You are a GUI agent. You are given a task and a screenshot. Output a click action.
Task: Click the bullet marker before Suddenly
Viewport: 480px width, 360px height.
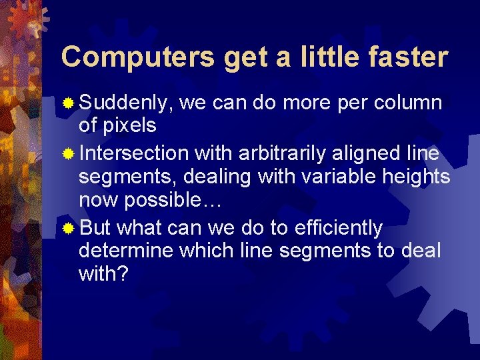click(69, 103)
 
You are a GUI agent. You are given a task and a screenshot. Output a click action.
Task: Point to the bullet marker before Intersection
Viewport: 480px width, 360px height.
click(69, 155)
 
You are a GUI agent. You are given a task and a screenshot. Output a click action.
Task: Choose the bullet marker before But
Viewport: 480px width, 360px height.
click(69, 229)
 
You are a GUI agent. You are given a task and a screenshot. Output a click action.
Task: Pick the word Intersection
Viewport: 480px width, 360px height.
click(133, 154)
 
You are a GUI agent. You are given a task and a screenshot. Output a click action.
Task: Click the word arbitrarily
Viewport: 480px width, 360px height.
click(288, 154)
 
